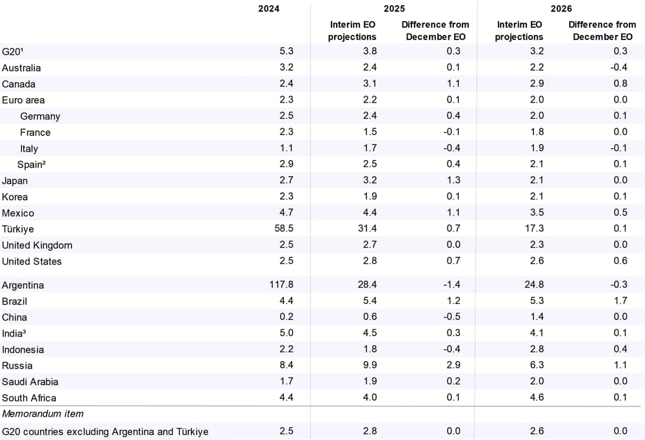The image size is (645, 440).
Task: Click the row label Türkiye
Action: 17,229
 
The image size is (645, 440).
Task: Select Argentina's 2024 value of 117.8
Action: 281,285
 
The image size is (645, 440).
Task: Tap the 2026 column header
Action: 561,8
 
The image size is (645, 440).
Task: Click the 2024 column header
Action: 268,8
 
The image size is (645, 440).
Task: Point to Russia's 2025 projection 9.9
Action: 370,365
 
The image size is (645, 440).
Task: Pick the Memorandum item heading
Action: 43,414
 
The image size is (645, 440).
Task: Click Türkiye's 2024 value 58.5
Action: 284,228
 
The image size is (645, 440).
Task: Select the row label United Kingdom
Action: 37,245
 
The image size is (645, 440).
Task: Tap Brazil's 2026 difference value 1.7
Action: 620,301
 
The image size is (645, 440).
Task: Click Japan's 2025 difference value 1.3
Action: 453,180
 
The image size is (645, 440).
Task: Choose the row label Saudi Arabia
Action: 30,381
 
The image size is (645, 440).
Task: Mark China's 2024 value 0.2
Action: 286,317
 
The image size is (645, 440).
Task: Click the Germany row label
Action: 40,117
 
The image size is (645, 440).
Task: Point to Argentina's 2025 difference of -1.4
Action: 451,285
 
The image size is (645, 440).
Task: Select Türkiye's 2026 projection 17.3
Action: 534,228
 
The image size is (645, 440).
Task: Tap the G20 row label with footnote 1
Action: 12,52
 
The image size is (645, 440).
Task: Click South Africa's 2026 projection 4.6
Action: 537,397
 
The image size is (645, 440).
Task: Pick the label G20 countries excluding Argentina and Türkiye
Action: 105,432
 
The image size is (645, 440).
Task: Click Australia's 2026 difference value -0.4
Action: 619,67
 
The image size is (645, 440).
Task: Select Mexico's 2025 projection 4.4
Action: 370,212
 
